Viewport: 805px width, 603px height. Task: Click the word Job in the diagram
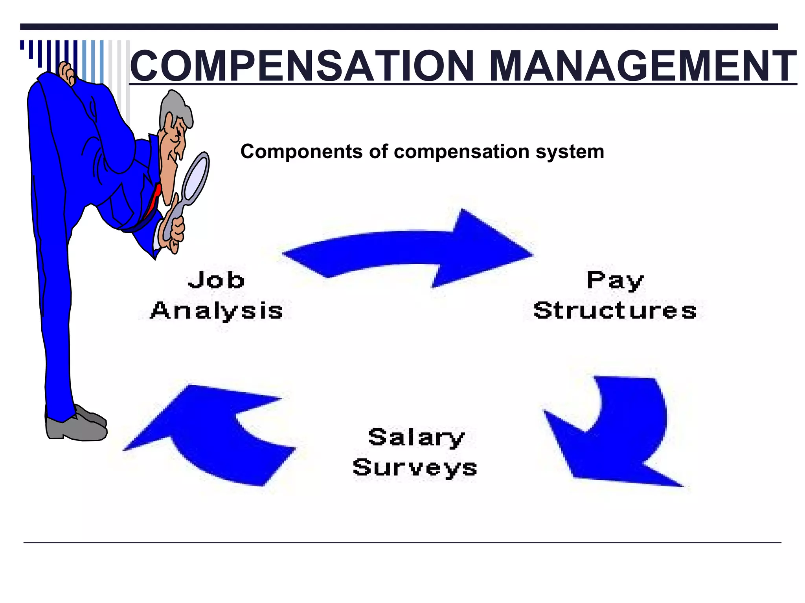coord(216,280)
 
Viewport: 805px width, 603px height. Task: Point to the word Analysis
coord(217,311)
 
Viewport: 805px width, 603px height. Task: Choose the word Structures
coord(615,311)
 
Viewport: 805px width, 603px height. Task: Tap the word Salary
coord(416,438)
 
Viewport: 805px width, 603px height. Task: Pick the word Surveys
coord(415,468)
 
